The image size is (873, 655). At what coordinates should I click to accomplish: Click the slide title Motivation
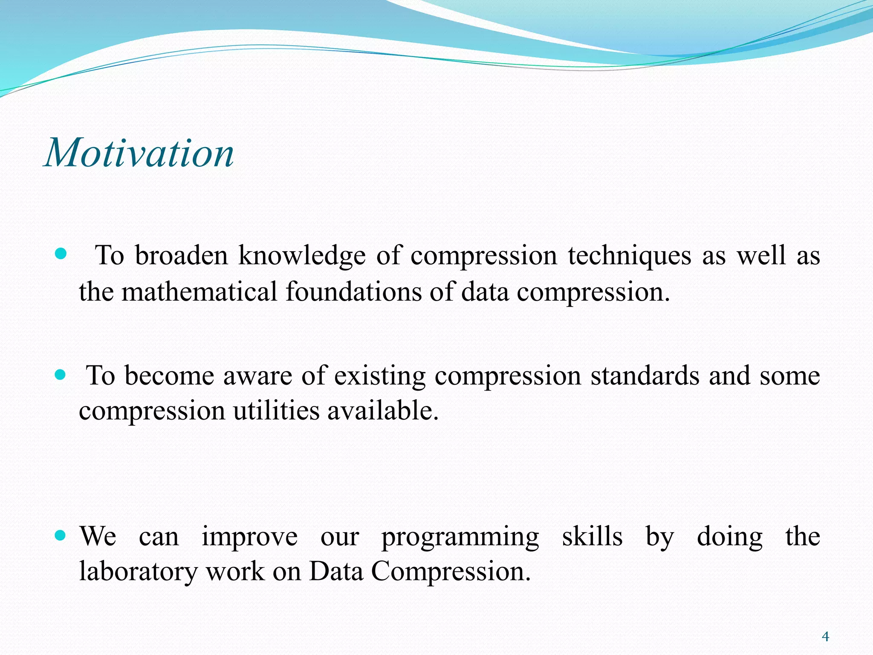click(139, 153)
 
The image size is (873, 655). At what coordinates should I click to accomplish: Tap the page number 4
click(825, 637)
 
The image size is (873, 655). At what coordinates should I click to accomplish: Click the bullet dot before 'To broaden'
click(61, 255)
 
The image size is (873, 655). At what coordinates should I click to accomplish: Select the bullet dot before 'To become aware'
click(61, 375)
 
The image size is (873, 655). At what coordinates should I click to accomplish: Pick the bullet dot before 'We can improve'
click(61, 535)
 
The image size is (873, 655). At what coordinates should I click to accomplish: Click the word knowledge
click(302, 256)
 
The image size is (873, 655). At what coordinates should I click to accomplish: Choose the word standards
click(645, 376)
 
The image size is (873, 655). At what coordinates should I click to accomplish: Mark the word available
click(383, 411)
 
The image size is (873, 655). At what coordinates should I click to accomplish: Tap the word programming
click(460, 537)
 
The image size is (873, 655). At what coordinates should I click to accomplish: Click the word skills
click(592, 536)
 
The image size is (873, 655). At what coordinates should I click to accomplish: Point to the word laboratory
click(138, 571)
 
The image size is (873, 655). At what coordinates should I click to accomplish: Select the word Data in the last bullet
click(336, 571)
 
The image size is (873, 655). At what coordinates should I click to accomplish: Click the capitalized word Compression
click(451, 571)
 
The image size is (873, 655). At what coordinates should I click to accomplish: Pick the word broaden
click(181, 256)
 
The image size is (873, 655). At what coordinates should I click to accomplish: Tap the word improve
click(249, 537)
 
